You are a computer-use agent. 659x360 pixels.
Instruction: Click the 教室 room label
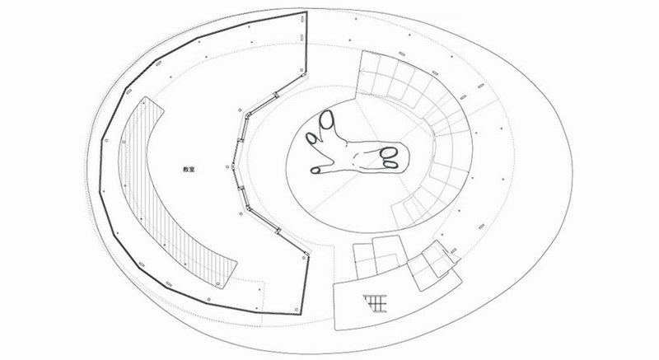point(189,170)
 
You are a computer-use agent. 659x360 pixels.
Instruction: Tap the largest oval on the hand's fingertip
point(326,119)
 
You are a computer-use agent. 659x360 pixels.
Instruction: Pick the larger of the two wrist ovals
point(389,152)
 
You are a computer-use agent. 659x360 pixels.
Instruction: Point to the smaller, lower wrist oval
point(390,165)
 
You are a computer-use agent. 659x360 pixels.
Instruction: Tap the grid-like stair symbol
point(375,303)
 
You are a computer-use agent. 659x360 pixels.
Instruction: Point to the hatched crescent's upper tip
point(145,97)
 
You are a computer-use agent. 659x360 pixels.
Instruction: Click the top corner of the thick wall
point(306,12)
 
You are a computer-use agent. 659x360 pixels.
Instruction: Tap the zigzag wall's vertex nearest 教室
point(233,167)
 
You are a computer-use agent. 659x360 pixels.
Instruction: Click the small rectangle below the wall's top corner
point(302,38)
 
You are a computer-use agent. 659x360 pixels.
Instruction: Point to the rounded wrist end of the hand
point(407,157)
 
